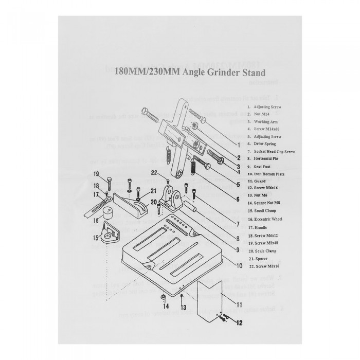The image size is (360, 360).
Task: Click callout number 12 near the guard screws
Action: pos(239,323)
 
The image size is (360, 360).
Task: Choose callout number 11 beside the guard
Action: pos(239,297)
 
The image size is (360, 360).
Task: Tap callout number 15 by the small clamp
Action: pos(95,238)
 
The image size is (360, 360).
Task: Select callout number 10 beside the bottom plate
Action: pos(239,266)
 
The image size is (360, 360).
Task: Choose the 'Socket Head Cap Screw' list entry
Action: pos(271,152)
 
